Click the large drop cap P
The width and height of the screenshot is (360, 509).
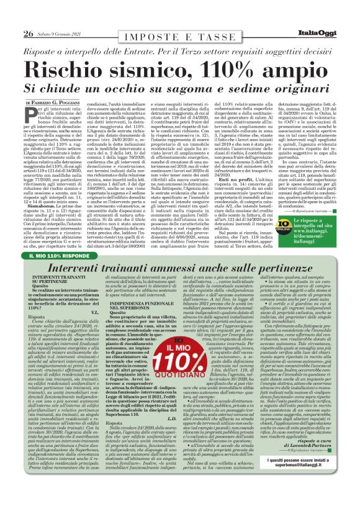point(31,113)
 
